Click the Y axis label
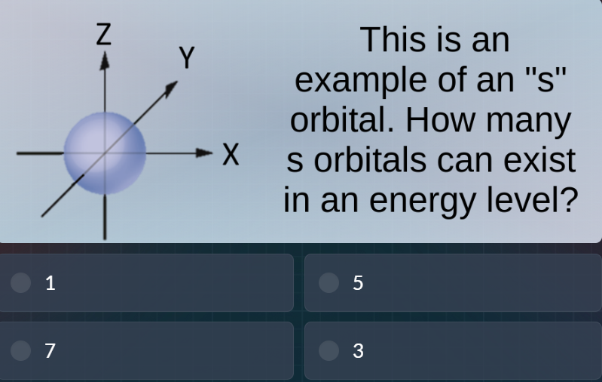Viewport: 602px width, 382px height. click(186, 57)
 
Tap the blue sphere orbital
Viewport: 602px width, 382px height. click(104, 152)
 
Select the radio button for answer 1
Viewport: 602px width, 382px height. click(22, 282)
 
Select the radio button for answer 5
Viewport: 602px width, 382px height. click(329, 282)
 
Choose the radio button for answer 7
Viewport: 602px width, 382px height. click(22, 350)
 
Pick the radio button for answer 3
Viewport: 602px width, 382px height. click(329, 350)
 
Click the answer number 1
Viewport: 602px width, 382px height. click(50, 283)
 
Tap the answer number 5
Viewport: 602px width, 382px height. click(358, 283)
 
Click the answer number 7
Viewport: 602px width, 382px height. click(50, 351)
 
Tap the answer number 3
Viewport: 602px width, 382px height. click(358, 351)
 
